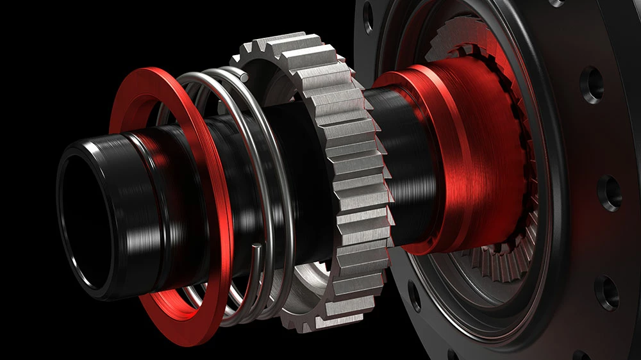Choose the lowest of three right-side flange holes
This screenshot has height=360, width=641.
point(605,292)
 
